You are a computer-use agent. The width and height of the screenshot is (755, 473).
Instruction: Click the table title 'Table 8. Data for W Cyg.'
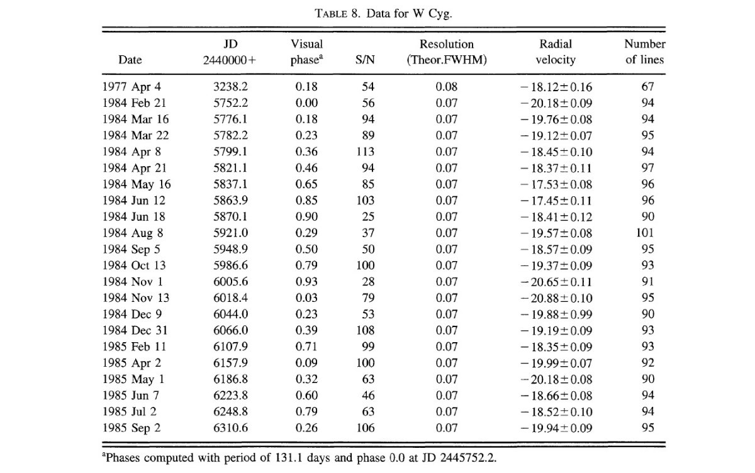point(383,13)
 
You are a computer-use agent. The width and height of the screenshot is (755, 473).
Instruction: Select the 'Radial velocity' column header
point(556,52)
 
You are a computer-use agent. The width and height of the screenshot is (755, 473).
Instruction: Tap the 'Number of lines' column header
point(645,52)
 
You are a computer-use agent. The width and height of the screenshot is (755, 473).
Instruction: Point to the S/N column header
point(365,60)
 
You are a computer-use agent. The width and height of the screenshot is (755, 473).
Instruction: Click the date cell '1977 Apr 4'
point(131,87)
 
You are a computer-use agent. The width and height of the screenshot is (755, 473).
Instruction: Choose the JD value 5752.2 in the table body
point(230,103)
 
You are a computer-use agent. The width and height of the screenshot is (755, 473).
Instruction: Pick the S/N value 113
point(366,152)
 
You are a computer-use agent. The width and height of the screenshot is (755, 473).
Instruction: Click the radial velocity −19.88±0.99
point(556,314)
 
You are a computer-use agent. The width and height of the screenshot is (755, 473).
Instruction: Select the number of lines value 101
point(645,233)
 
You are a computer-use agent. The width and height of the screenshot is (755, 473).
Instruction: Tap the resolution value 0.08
point(447,87)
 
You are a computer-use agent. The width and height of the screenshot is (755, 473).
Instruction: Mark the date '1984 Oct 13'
point(134,265)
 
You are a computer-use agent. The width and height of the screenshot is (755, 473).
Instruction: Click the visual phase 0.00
point(306,103)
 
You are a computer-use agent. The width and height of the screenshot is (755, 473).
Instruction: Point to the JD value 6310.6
point(230,428)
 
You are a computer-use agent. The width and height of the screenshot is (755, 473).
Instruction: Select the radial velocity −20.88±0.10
point(556,298)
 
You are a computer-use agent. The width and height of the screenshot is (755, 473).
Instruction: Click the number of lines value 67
point(647,87)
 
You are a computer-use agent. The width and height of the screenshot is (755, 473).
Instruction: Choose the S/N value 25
point(368,216)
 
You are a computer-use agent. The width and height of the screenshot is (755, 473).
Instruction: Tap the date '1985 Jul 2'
point(130,412)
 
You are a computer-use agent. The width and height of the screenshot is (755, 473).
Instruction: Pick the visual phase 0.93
point(306,282)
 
